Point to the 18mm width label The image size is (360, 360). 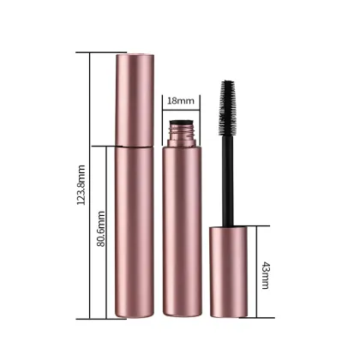(x=181, y=100)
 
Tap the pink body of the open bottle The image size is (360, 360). (x=181, y=231)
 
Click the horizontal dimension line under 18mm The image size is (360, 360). (x=181, y=111)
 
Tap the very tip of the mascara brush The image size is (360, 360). (x=230, y=81)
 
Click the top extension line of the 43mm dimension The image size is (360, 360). (x=257, y=225)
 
